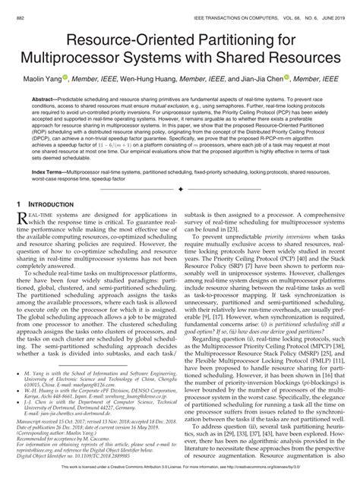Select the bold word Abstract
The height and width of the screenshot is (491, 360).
48,97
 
